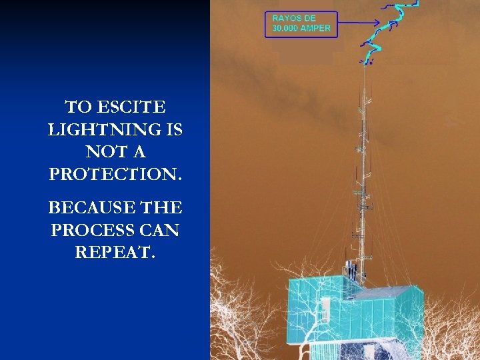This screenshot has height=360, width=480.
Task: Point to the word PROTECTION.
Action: coord(115,175)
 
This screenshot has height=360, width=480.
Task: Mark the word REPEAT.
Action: coord(115,253)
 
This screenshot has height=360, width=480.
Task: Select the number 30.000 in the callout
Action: coord(287,29)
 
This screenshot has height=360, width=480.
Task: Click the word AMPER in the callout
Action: coord(316,29)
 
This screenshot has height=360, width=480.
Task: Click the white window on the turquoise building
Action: coord(325,308)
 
